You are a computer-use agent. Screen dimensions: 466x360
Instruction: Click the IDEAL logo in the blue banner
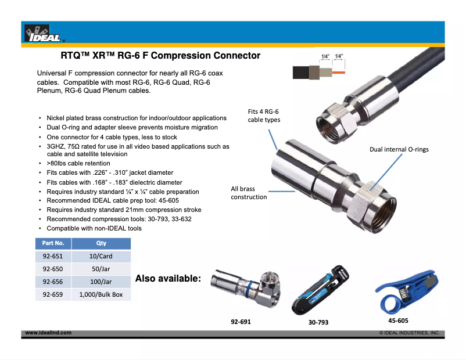[x=44, y=33]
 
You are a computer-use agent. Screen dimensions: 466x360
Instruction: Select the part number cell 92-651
[x=53, y=256]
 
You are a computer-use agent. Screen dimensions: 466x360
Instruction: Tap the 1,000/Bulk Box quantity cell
[x=101, y=294]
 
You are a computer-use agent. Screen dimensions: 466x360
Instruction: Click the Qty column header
[x=101, y=243]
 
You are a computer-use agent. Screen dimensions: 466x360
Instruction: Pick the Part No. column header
[x=53, y=243]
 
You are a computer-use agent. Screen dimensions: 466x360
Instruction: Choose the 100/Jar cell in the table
[x=101, y=282]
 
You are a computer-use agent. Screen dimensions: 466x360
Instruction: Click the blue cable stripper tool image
[x=406, y=291]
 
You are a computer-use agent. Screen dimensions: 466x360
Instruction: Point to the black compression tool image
[x=320, y=290]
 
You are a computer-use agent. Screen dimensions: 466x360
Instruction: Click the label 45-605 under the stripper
[x=398, y=321]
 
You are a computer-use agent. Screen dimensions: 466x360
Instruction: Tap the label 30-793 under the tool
[x=318, y=322]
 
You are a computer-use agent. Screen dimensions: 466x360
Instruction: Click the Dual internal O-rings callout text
[x=399, y=149]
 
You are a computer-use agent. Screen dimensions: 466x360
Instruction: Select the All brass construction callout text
[x=249, y=193]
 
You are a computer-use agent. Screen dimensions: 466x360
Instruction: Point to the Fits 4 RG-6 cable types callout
[x=264, y=116]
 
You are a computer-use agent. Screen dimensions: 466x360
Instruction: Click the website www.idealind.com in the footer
[x=48, y=333]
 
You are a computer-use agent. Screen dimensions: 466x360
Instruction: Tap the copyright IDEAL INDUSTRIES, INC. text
[x=409, y=333]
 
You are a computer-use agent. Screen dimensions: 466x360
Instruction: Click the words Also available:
[x=168, y=278]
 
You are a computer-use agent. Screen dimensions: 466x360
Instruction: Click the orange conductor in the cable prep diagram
[x=339, y=73]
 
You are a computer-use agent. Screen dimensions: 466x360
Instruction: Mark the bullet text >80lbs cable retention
[x=78, y=163]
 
